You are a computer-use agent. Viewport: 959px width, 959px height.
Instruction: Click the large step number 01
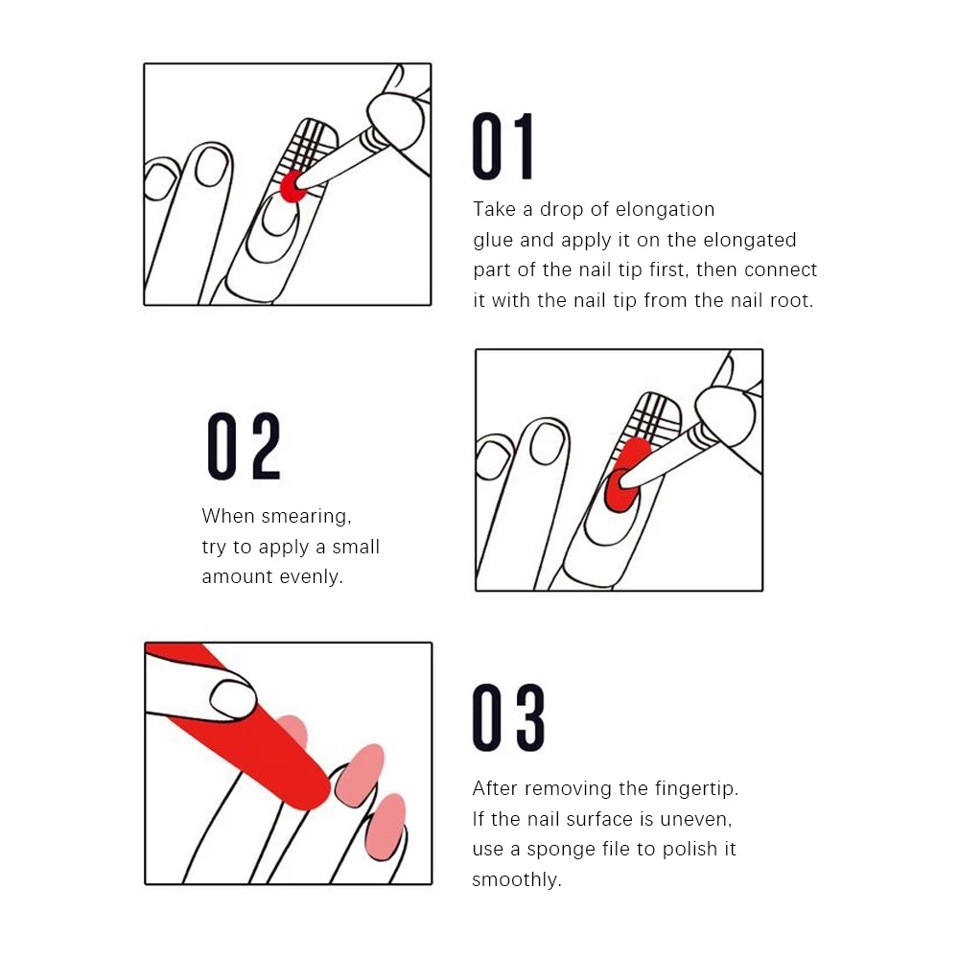coord(503,146)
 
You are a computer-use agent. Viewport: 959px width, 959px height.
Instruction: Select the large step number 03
coord(508,716)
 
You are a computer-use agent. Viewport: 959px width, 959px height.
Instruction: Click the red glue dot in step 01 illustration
coord(292,186)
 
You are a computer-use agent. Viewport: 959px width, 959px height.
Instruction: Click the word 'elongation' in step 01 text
coord(665,210)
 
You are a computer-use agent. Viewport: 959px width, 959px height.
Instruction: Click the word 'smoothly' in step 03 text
coord(516,880)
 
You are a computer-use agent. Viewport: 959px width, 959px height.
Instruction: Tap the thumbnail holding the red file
coord(233,699)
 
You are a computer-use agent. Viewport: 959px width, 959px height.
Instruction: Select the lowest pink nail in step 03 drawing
coord(385,825)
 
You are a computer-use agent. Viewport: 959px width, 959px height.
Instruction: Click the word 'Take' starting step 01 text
coord(494,209)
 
